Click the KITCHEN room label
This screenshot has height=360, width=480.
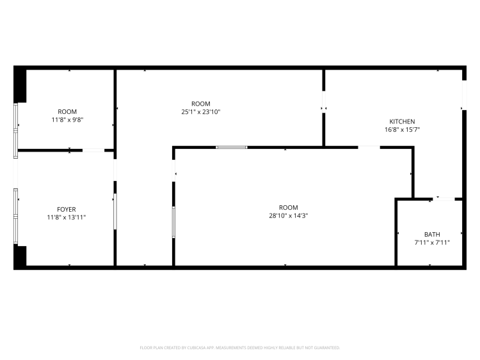[402, 121]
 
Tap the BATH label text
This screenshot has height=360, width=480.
[432, 235]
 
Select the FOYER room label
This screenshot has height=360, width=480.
[67, 210]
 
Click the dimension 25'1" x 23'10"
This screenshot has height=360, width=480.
[201, 112]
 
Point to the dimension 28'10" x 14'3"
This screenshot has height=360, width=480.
[289, 215]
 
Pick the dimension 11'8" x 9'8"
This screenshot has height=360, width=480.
[67, 120]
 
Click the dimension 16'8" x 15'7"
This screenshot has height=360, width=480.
[402, 130]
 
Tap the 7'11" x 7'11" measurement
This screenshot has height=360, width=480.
[432, 243]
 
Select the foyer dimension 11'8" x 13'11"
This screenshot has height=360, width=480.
[67, 217]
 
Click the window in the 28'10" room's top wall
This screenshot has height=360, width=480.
[232, 148]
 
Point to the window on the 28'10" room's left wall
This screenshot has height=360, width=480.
[173, 222]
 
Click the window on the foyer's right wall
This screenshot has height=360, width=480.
[115, 212]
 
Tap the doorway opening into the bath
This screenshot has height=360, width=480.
[444, 199]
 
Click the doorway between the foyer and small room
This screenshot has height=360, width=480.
[93, 150]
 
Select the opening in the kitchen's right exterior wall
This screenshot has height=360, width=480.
[464, 95]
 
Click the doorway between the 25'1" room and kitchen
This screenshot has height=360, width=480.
[324, 102]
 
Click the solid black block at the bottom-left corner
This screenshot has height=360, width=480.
[20, 256]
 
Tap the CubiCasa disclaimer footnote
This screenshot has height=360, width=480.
[240, 348]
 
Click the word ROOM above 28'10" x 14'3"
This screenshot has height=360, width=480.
[289, 207]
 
